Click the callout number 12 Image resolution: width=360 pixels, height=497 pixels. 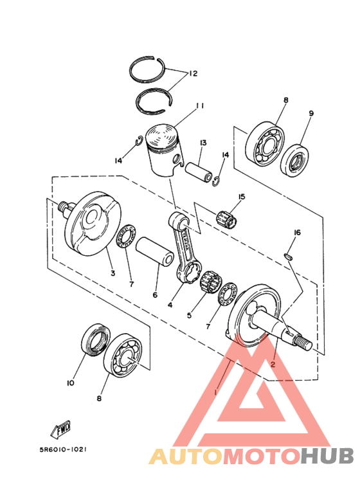click(193, 73)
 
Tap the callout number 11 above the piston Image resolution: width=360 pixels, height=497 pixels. click(200, 105)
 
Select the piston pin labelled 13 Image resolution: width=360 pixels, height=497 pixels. click(199, 172)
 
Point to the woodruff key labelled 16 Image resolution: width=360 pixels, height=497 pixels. click(289, 256)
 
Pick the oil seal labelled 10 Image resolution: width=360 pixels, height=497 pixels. click(96, 339)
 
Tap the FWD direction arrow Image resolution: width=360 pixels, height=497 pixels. click(61, 429)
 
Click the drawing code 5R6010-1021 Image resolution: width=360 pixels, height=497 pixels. click(64, 450)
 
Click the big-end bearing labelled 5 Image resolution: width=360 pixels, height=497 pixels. click(211, 280)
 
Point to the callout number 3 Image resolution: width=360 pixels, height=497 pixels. click(113, 273)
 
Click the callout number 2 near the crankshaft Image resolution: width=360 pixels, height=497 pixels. click(273, 365)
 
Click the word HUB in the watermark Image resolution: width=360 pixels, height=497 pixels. click(327, 456)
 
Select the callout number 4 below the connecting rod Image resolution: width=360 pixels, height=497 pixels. click(170, 305)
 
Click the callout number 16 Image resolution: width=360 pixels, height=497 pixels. click(297, 233)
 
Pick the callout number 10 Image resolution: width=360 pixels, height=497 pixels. click(70, 383)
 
